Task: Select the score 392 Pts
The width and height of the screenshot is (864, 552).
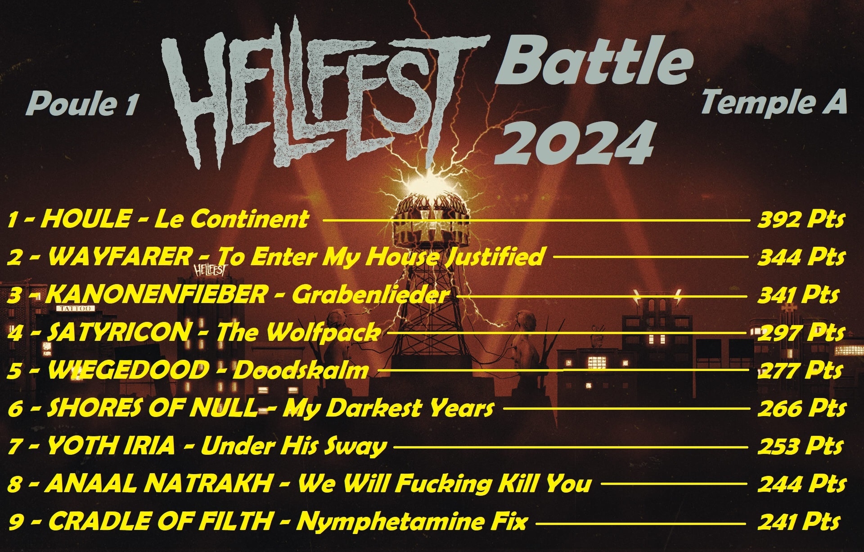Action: click(801, 220)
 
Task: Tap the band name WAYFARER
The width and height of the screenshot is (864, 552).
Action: click(119, 257)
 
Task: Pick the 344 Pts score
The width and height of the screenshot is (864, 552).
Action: click(801, 258)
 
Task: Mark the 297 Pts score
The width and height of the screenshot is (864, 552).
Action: click(801, 333)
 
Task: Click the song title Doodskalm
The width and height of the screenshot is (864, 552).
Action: click(301, 371)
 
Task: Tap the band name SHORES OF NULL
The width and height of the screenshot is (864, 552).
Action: click(152, 408)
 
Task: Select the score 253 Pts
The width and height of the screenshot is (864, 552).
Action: click(800, 446)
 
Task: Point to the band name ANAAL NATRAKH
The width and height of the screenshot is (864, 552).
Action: click(159, 484)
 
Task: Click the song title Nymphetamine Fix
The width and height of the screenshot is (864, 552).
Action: click(411, 522)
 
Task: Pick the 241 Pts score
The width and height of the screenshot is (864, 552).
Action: click(799, 522)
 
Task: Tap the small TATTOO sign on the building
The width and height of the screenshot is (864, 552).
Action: click(75, 308)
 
